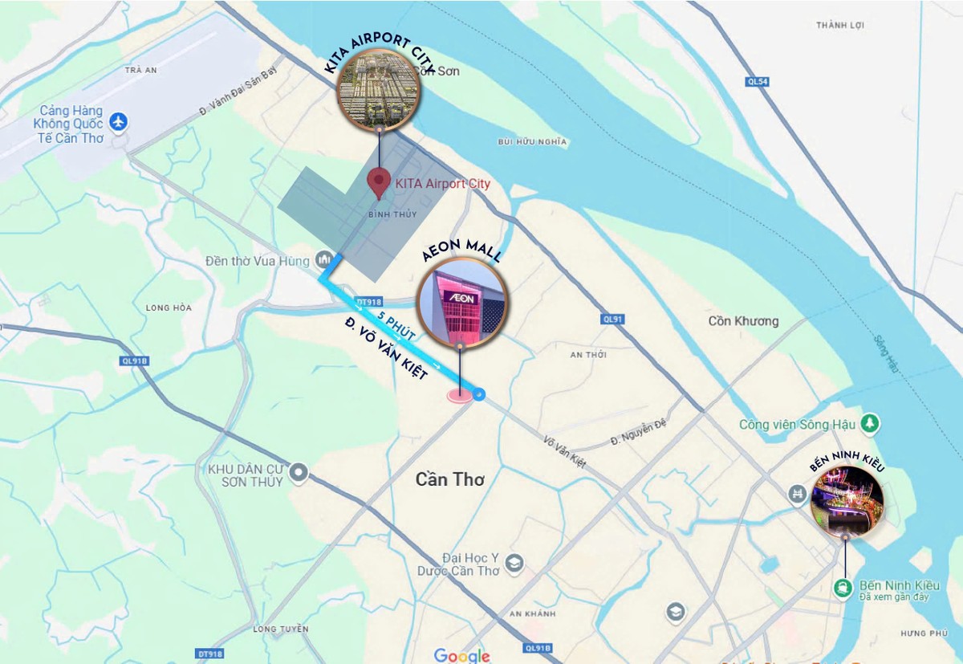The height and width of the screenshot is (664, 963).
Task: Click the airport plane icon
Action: [x=119, y=122]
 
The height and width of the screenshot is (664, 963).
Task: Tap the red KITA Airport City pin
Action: [x=379, y=183]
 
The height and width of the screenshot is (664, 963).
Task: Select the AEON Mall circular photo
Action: [x=461, y=303]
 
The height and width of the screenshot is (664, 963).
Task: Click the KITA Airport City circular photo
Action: [x=377, y=88]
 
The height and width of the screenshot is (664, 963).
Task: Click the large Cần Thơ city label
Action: [x=450, y=479]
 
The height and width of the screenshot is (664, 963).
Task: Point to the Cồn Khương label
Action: [x=743, y=321]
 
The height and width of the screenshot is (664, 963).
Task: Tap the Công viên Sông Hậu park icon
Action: [x=869, y=422]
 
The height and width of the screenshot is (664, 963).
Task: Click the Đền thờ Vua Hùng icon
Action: [x=325, y=259]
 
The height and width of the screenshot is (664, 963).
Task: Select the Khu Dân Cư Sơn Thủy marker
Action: [x=299, y=473]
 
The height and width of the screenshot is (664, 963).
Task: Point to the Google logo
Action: [x=461, y=655]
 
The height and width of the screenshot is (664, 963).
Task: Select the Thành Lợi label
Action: [x=840, y=26]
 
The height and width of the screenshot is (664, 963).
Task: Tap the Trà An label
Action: [x=140, y=71]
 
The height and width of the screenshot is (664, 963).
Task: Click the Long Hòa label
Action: [x=169, y=308]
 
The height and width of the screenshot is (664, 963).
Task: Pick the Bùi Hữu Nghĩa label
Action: [x=532, y=142]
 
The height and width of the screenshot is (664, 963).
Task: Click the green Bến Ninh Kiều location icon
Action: [x=843, y=589]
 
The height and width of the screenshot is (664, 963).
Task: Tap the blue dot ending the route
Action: [x=479, y=393]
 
